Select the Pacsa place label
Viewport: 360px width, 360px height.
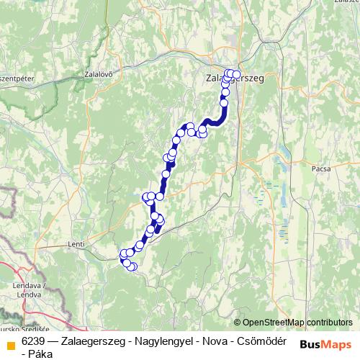tap(321, 167)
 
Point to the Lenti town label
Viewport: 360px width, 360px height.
tap(76, 245)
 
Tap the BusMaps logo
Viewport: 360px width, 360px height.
tap(325, 343)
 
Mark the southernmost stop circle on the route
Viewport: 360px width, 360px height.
tap(132, 267)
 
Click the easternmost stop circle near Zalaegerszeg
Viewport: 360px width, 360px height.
tap(236, 74)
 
